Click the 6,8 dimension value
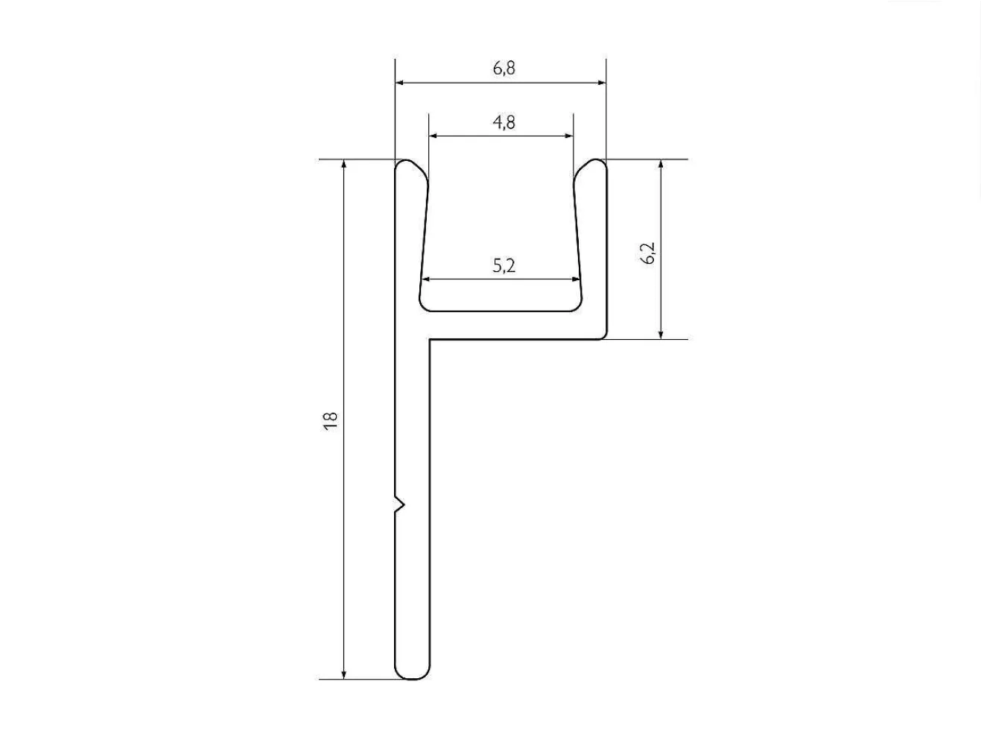click(x=504, y=69)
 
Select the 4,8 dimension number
click(x=504, y=122)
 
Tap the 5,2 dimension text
click(x=504, y=266)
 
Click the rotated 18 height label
click(x=330, y=421)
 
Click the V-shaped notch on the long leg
click(x=400, y=505)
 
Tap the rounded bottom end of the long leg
click(x=412, y=673)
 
